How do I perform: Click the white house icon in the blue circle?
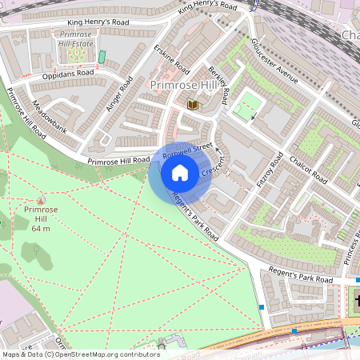180,173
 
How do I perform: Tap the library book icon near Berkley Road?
192,104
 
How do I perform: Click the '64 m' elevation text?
42,229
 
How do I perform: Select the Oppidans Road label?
68,73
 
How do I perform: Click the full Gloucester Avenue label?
274,59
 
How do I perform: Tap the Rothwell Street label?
186,148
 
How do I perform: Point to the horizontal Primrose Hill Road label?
118,161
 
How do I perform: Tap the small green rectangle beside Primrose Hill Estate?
102,58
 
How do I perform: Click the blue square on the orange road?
294,330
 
